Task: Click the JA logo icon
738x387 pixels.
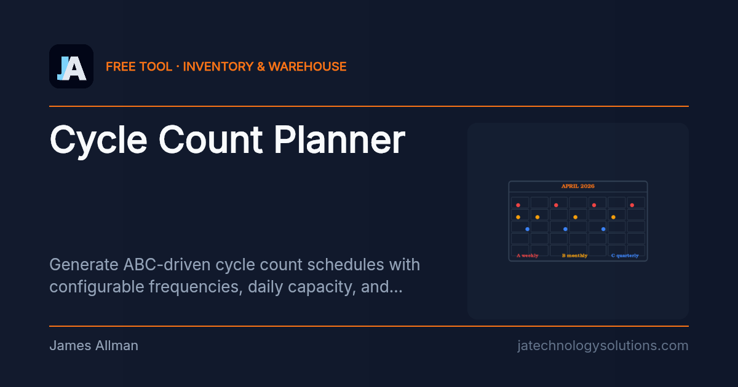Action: coord(71,66)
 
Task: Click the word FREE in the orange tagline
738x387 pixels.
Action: coord(121,66)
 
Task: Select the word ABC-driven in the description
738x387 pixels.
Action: coord(159,265)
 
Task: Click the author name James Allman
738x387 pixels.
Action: coord(93,346)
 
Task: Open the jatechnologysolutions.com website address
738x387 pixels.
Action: coord(603,346)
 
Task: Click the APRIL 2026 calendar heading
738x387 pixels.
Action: coord(577,186)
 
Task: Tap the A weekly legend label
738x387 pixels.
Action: coord(528,256)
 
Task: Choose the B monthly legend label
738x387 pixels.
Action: coord(574,256)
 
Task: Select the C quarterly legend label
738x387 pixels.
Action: coord(624,256)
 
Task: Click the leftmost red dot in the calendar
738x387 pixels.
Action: coord(518,205)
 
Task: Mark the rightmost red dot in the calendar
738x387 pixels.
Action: coord(632,205)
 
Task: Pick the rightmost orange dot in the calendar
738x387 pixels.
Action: coord(613,217)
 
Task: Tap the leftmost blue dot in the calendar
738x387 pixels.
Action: coord(527,229)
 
